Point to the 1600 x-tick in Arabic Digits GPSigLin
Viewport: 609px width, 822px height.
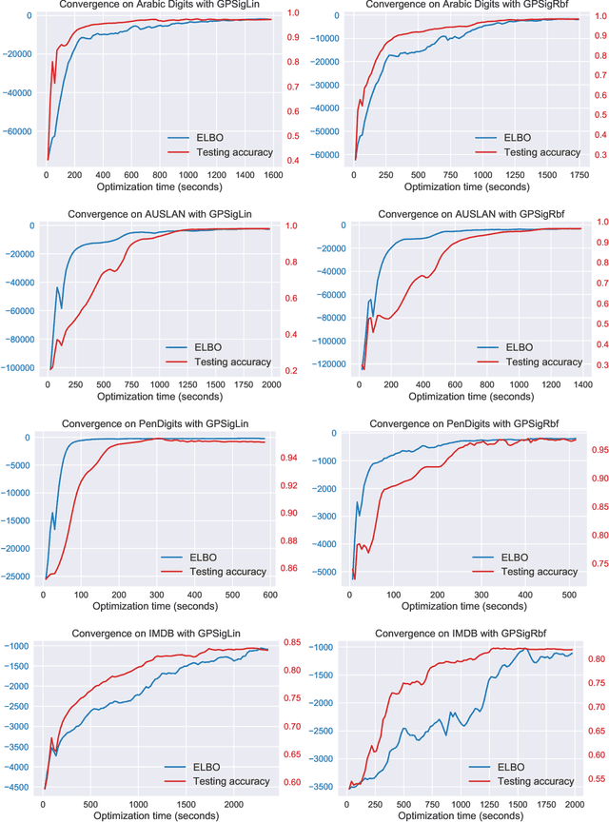tap(273, 176)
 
